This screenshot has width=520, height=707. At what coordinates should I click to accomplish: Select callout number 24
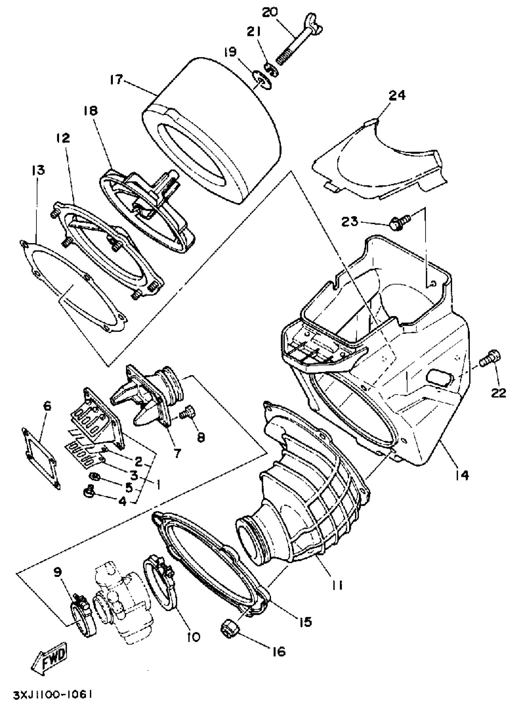click(x=397, y=95)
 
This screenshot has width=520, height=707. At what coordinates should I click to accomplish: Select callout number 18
click(x=91, y=111)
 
